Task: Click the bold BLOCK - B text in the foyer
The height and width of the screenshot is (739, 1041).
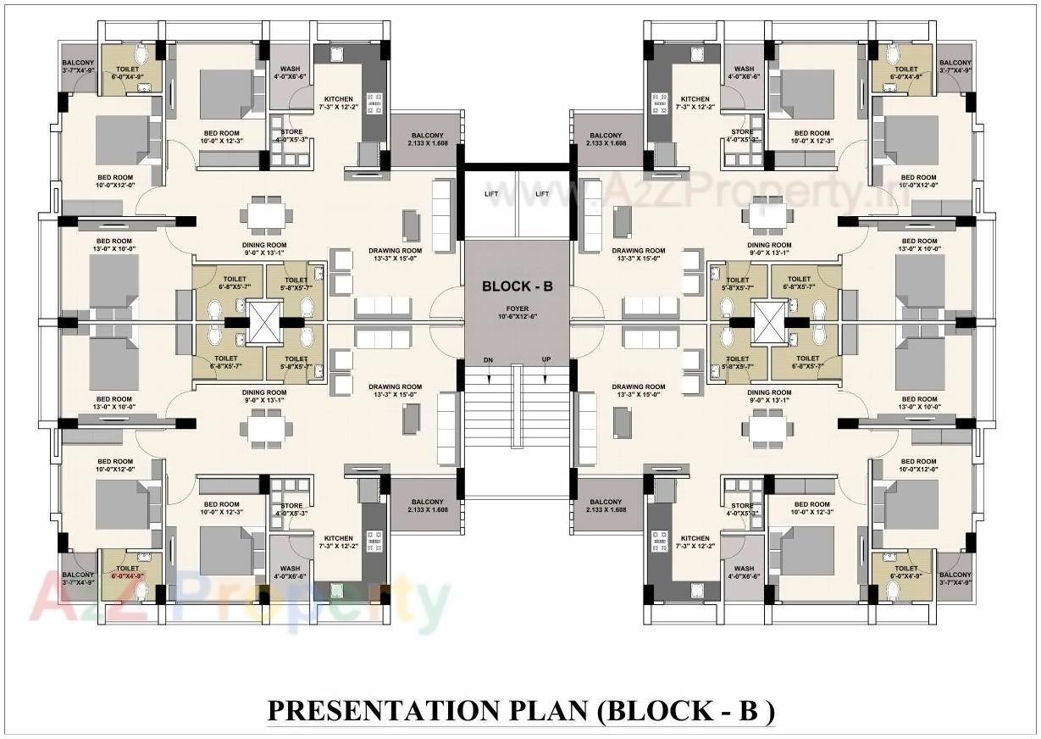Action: click(517, 286)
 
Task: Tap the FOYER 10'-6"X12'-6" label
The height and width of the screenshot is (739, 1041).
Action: click(517, 311)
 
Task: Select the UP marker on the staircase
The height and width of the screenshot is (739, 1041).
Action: click(546, 360)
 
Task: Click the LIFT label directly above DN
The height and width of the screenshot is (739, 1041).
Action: click(491, 194)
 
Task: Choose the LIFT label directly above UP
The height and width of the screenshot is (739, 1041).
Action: click(542, 194)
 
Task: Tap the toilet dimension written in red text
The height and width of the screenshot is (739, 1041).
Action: click(127, 576)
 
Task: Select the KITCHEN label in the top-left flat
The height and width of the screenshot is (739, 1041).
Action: click(338, 99)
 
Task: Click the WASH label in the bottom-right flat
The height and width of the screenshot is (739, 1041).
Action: click(745, 570)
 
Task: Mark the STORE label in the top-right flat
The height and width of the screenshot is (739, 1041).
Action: click(742, 132)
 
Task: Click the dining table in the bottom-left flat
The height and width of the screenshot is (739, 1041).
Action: click(265, 430)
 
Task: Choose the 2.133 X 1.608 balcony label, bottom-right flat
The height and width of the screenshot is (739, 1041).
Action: click(606, 506)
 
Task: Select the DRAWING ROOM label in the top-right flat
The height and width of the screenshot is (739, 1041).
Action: click(639, 251)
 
